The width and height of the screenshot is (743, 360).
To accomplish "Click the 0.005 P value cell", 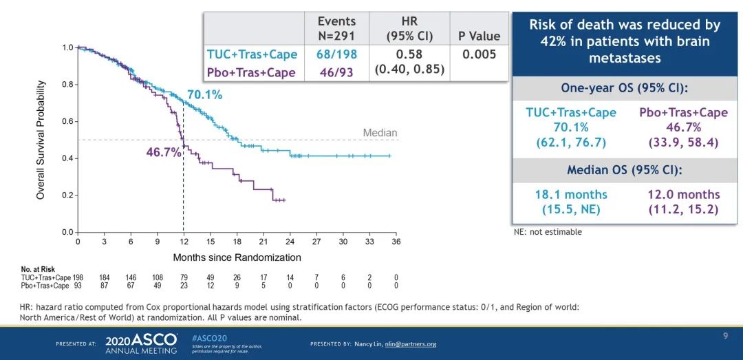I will click(479, 54).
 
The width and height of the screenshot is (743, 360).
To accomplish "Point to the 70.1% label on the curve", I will click(204, 95).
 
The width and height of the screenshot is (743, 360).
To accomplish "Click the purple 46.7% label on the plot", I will click(163, 152).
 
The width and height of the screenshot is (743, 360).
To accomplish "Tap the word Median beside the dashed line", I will click(380, 133).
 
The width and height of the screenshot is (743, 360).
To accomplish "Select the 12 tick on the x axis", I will click(184, 242).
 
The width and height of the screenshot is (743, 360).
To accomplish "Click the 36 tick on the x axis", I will click(396, 242).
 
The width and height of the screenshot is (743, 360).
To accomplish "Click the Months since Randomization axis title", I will click(237, 257).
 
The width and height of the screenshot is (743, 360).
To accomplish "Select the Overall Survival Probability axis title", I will click(41, 140).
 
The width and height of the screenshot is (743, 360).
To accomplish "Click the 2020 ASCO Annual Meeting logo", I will click(141, 344).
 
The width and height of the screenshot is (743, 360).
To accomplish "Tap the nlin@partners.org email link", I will click(410, 344).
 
